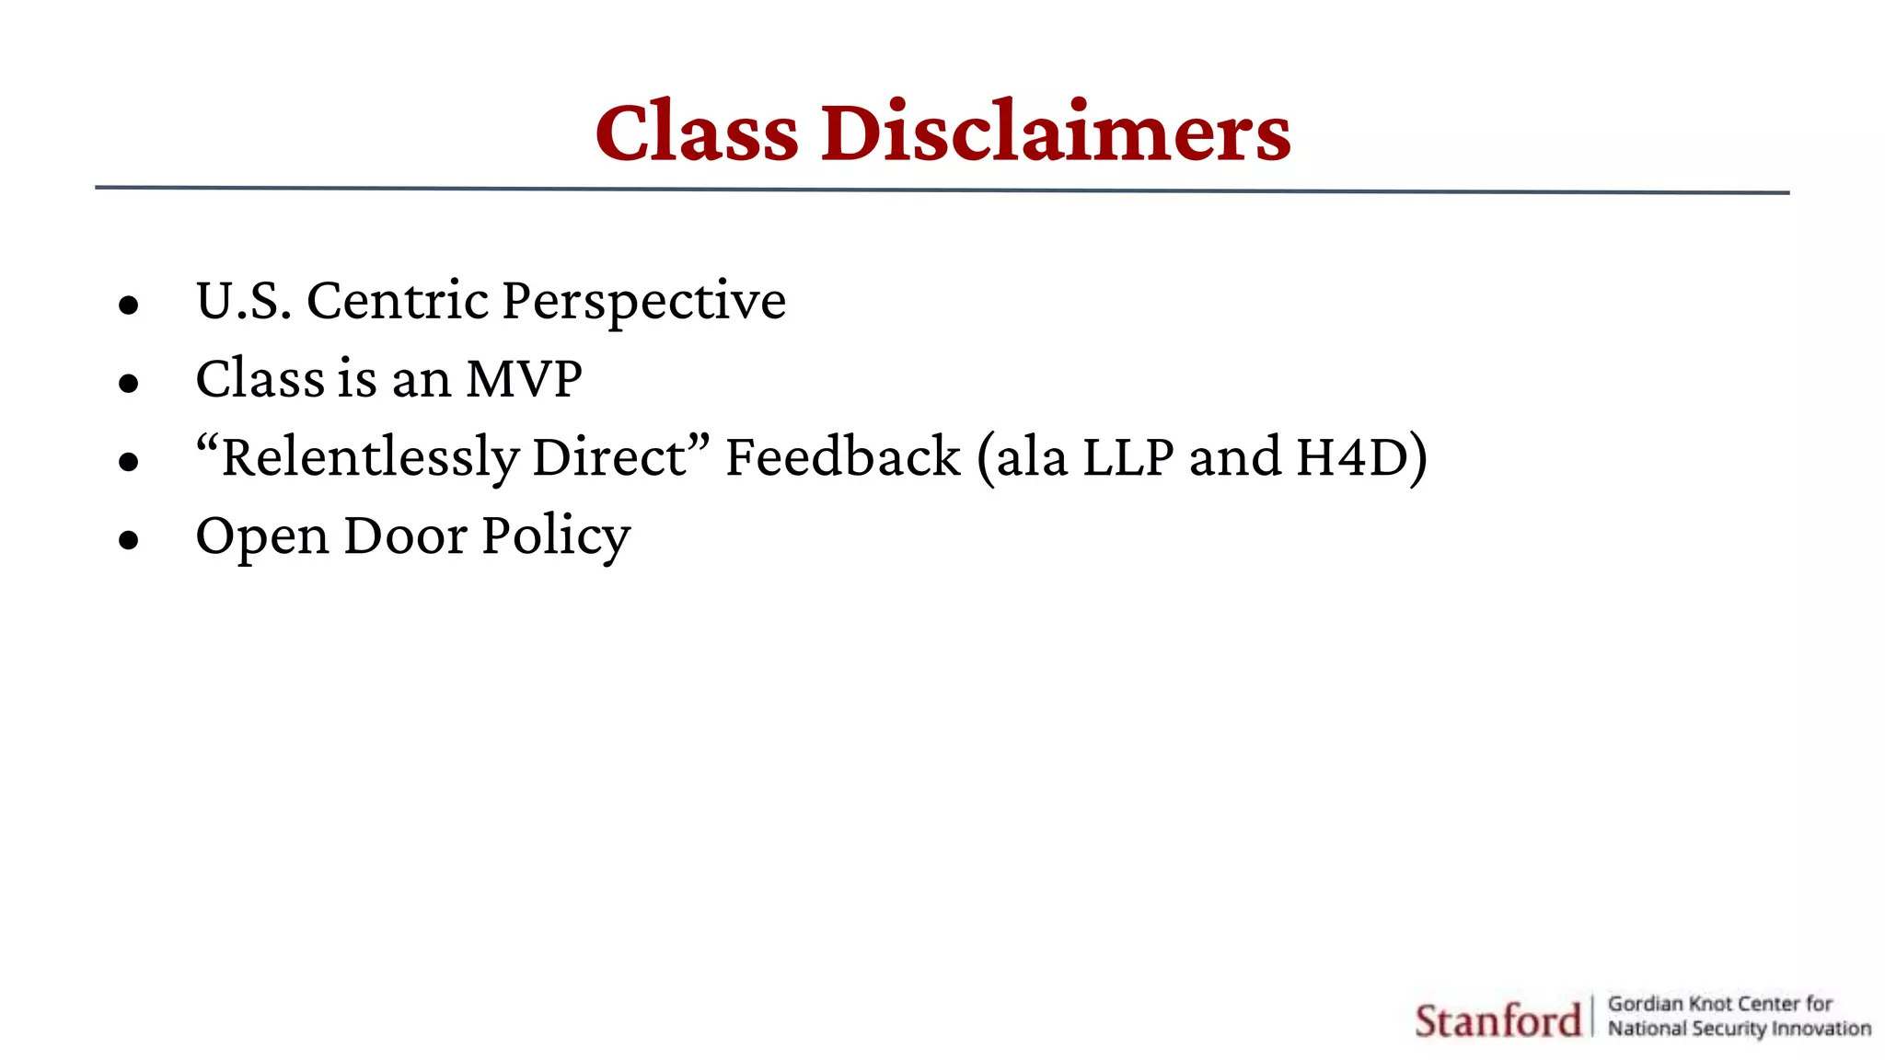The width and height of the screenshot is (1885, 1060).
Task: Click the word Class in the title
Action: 697,133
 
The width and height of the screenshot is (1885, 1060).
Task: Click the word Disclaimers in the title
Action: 1056,133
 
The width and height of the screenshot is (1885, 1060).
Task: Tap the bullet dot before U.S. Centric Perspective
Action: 129,305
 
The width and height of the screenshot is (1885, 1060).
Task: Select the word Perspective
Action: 644,302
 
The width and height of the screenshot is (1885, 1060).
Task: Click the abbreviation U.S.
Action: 244,302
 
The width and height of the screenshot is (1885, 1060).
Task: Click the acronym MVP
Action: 524,379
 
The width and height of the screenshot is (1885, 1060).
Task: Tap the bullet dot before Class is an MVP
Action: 129,383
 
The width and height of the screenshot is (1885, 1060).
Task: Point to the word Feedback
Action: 843,457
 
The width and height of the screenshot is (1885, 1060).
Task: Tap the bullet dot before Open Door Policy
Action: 129,539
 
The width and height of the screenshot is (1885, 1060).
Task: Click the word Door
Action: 405,536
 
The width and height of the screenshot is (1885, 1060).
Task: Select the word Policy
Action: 556,537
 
